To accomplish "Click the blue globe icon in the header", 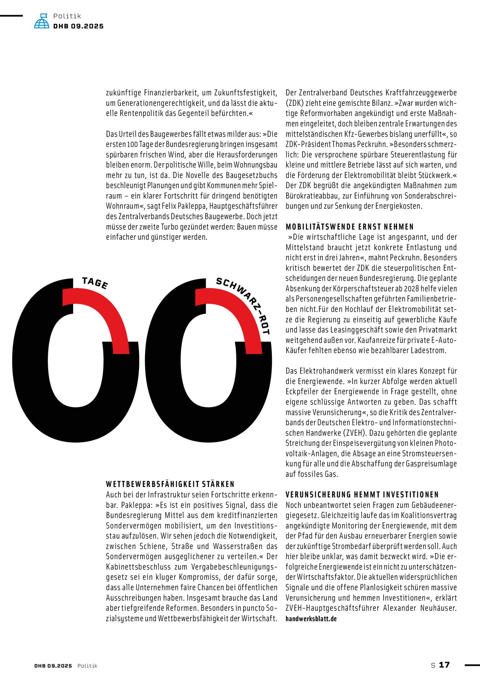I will pyautogui.click(x=42, y=21).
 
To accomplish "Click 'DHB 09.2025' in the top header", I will pyautogui.click(x=78, y=26).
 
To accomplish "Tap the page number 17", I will pyautogui.click(x=444, y=665).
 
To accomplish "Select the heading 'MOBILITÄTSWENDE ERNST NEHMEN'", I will pyautogui.click(x=349, y=227).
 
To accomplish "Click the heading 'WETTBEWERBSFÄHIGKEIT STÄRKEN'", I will pyautogui.click(x=170, y=484).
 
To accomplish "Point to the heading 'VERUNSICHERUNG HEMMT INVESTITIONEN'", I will pyautogui.click(x=362, y=494).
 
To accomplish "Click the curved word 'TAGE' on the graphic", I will pyautogui.click(x=95, y=283).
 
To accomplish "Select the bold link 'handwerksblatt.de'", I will pyautogui.click(x=311, y=619).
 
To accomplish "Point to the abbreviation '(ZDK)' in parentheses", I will pyautogui.click(x=295, y=103).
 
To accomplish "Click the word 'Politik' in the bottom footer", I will pyautogui.click(x=87, y=666).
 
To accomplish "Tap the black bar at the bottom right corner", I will pyautogui.click(x=472, y=665).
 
